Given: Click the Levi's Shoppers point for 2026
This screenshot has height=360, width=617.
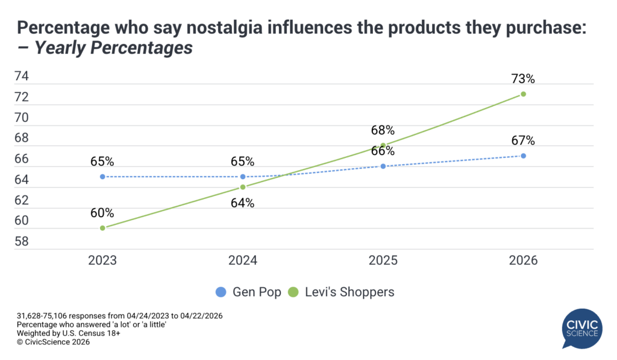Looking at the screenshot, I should [523, 94].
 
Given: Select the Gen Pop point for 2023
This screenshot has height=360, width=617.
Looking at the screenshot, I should [102, 177].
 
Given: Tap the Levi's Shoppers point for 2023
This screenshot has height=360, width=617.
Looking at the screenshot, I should [102, 228].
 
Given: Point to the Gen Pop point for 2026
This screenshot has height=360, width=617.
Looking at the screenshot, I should [523, 156].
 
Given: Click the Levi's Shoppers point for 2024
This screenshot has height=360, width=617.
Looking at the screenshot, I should [243, 187].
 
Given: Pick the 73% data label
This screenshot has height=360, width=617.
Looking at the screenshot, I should [524, 78].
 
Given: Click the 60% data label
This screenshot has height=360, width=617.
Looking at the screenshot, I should [102, 212].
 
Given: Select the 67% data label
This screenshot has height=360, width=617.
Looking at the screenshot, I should [524, 141].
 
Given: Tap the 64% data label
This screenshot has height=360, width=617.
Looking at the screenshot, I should [243, 203].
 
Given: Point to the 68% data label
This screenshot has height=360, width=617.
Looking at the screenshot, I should [383, 130].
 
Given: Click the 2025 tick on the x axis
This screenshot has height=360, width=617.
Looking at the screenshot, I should [383, 261].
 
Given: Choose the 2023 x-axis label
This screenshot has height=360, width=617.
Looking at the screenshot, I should [102, 261].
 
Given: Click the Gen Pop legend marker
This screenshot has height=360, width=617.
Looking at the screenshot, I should [221, 292].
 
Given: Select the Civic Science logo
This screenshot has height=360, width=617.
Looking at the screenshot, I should [581, 329].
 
